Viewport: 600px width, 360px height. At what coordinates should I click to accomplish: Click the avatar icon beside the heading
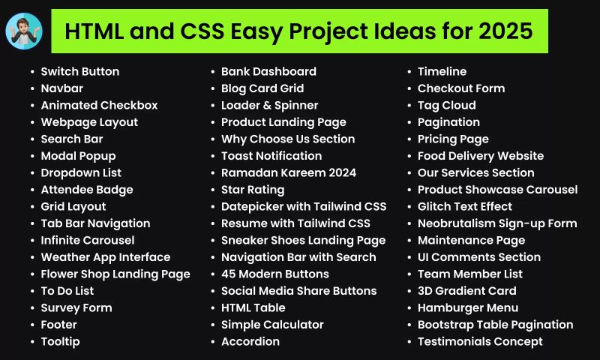(24, 31)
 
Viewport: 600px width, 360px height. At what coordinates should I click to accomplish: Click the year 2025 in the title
(505, 31)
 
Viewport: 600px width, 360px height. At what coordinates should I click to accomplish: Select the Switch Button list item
(79, 72)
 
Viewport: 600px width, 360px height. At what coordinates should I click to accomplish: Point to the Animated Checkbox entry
(99, 106)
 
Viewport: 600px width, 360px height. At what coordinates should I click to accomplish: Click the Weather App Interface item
(105, 257)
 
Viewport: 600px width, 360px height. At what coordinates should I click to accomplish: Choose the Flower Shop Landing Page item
(115, 274)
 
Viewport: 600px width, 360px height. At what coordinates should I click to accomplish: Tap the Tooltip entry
(60, 342)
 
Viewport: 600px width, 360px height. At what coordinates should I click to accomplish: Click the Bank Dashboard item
(268, 72)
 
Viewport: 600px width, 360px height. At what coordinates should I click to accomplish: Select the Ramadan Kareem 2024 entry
(288, 173)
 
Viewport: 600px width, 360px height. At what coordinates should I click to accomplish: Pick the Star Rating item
(252, 190)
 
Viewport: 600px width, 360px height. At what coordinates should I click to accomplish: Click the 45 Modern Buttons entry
(274, 274)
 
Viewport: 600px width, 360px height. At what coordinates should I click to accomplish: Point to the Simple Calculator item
(272, 325)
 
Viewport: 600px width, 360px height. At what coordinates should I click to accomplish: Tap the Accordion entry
(250, 342)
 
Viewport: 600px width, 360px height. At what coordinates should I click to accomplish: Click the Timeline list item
(442, 72)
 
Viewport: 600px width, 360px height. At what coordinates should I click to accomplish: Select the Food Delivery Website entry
(480, 156)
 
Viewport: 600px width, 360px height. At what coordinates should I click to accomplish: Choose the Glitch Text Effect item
(464, 207)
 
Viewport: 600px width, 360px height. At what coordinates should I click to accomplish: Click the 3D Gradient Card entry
(466, 291)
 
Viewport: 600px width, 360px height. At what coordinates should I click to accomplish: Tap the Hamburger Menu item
(467, 308)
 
